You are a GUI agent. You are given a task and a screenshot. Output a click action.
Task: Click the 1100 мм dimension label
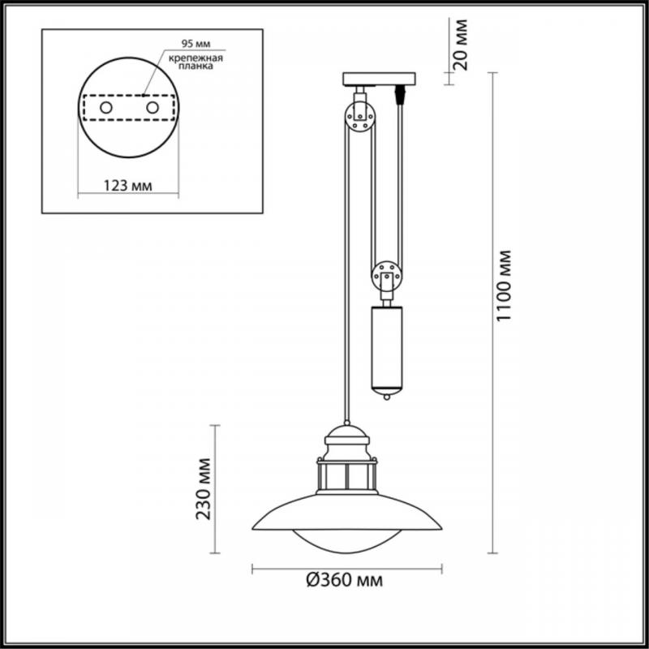point(505,286)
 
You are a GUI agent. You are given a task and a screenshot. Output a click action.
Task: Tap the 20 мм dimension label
point(460,45)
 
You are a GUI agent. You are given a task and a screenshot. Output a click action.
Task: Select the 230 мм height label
point(204,488)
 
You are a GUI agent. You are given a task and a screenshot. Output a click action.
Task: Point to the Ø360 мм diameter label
point(344,580)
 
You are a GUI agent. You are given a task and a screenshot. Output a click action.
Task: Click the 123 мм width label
point(127,186)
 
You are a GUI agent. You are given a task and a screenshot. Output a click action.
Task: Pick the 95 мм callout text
point(196,44)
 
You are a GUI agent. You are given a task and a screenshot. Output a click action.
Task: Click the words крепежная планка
point(196,62)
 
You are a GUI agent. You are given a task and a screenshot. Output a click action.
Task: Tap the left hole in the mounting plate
point(106,108)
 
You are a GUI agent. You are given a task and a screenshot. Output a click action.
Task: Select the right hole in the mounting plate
point(153,108)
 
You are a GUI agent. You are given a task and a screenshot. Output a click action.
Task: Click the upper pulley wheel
point(360,117)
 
